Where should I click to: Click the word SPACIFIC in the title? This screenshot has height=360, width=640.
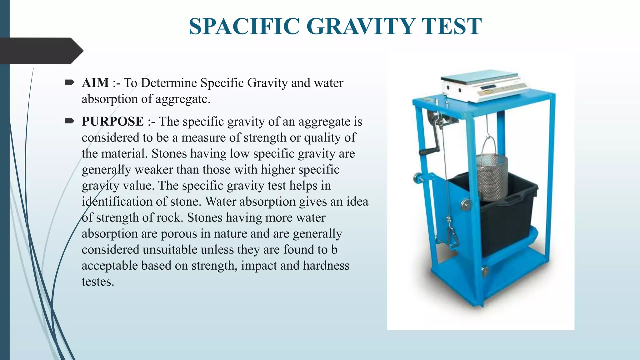pos(245,26)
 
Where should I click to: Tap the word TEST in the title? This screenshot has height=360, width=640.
pos(451,26)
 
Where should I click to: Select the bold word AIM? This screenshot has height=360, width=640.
pos(95,83)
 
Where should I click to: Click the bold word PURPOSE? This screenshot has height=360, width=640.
pos(113,122)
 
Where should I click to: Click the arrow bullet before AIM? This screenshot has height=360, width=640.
pos(69,82)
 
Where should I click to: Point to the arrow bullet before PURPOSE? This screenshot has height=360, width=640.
pos(69,121)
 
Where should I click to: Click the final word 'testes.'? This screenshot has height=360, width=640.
pos(98,282)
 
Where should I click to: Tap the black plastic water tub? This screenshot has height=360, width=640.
pos(506,219)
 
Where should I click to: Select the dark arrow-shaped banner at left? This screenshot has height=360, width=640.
pos(41,51)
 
